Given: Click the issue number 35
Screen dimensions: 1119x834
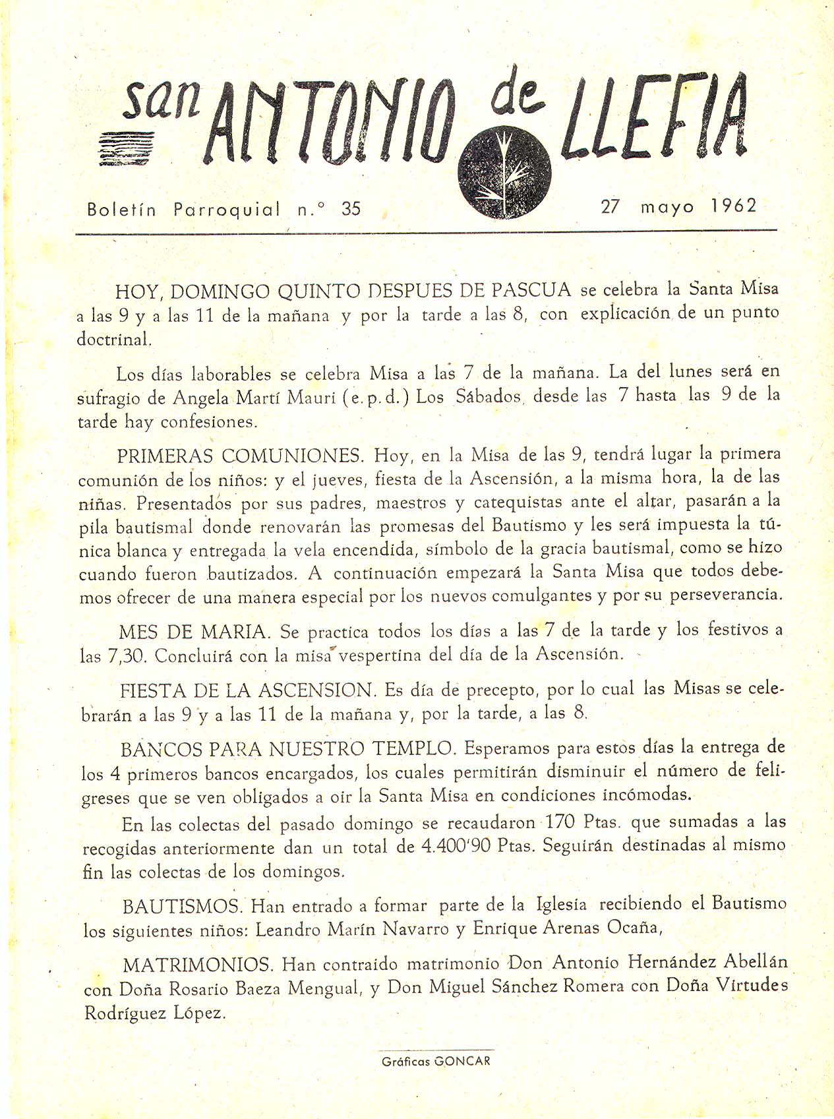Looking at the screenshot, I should click(351, 209).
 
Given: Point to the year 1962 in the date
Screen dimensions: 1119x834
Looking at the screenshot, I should click(734, 206).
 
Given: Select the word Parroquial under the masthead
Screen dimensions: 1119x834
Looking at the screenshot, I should click(227, 210).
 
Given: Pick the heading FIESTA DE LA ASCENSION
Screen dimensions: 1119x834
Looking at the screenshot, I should click(248, 691).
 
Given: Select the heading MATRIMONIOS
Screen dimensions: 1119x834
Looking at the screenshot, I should click(198, 965).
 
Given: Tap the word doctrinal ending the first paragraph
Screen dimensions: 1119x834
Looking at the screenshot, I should click(114, 339).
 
